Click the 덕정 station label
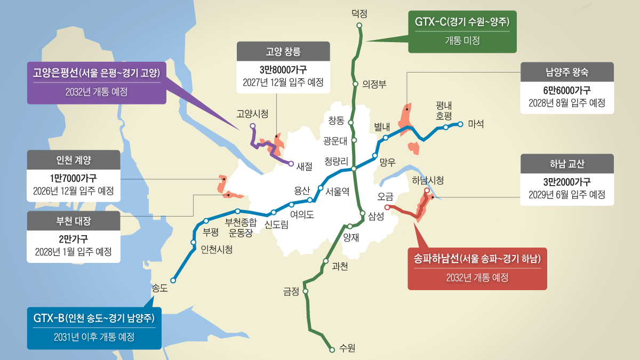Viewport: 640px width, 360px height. [360, 13]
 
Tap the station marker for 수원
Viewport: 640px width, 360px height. [332, 349]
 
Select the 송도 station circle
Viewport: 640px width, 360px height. [173, 279]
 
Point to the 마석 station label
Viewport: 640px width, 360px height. [475, 124]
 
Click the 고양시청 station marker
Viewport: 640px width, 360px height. [253, 126]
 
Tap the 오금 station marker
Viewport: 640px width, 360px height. [387, 207]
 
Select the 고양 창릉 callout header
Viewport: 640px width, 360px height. [283, 52]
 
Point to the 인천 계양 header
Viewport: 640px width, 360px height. [74, 159]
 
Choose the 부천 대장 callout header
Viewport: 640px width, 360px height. [74, 220]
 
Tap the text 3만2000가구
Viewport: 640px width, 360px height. [567, 181]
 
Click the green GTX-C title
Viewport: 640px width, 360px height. [462, 22]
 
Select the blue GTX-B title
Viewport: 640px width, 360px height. [94, 318]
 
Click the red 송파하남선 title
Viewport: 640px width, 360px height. [477, 259]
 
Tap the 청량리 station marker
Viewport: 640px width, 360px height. [354, 169]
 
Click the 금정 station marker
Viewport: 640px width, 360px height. [306, 291]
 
